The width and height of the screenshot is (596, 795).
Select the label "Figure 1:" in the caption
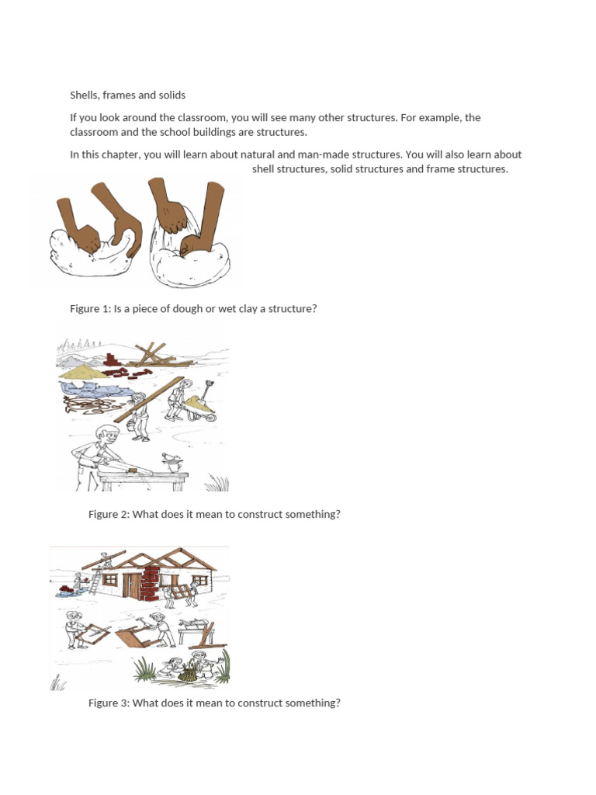click(90, 309)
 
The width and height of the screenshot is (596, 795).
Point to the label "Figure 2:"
click(109, 515)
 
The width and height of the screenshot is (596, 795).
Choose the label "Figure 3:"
click(109, 703)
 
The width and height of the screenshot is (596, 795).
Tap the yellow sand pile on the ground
click(77, 374)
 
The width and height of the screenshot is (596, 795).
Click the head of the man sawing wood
click(106, 436)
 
